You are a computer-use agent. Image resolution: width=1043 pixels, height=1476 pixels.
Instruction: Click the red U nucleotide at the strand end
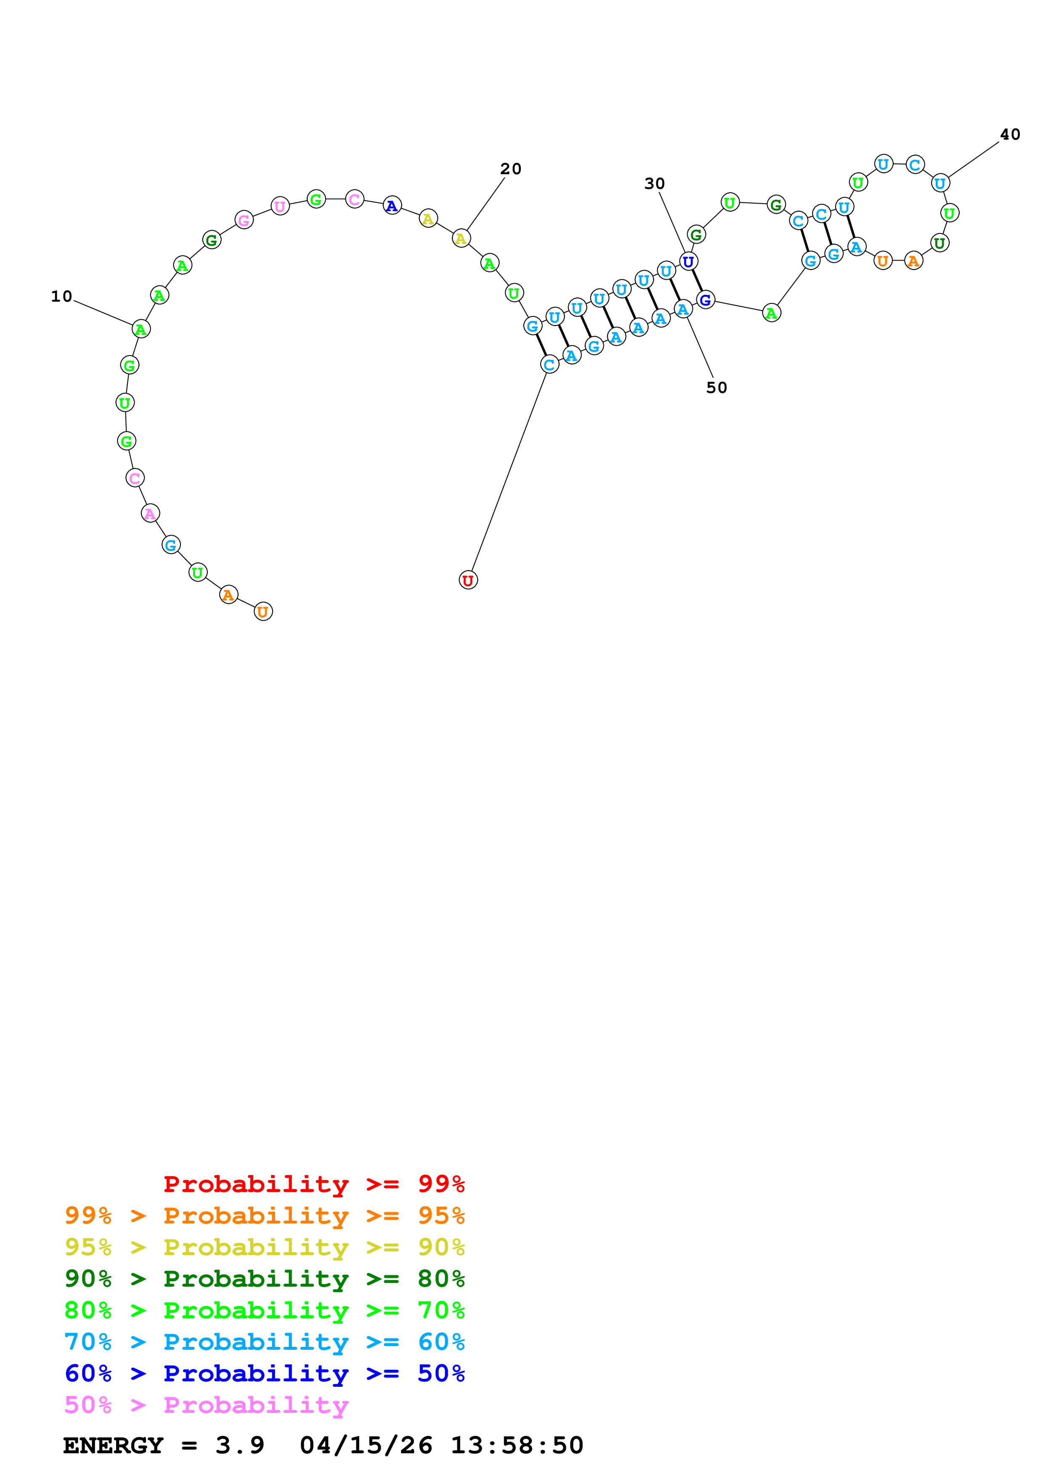(x=468, y=581)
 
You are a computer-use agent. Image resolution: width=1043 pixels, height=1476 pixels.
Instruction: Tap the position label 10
(x=62, y=296)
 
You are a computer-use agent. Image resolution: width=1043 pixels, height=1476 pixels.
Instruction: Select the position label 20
(x=511, y=169)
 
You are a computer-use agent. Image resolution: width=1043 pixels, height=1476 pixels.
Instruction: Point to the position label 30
(x=654, y=184)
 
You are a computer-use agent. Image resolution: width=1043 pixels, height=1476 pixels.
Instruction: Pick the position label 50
(x=717, y=388)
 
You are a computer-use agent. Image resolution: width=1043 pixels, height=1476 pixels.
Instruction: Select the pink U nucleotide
(x=279, y=206)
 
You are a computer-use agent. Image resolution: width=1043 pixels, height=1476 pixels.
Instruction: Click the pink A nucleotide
(x=150, y=513)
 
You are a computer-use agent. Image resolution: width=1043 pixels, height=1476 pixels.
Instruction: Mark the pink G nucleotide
(x=244, y=220)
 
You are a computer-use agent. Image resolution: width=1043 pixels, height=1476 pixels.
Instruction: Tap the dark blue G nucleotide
(x=705, y=300)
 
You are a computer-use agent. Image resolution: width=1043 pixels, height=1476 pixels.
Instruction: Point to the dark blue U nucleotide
(x=688, y=262)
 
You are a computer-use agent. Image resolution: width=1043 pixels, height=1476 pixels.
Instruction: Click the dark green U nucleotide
(x=939, y=243)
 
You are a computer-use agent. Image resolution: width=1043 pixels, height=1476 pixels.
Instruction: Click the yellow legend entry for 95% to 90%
(x=264, y=1247)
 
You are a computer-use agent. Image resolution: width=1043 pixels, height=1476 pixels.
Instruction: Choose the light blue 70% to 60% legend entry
(x=264, y=1342)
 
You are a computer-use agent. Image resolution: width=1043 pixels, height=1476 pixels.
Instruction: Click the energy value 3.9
(x=240, y=1445)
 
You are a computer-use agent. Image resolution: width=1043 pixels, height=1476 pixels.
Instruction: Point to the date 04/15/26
(x=366, y=1445)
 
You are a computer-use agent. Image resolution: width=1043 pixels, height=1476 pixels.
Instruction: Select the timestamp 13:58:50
(x=517, y=1445)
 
